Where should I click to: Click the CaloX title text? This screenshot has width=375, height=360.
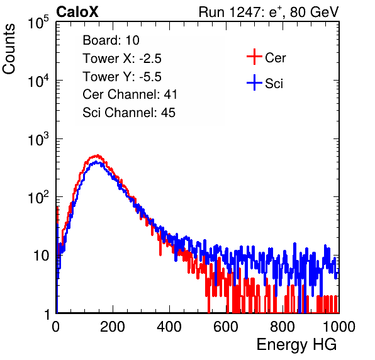click(x=77, y=12)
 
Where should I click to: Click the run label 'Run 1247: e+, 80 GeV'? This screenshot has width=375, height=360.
click(x=269, y=12)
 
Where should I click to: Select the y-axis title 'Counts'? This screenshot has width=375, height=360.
click(x=9, y=49)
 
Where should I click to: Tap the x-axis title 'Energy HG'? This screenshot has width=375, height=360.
click(x=296, y=345)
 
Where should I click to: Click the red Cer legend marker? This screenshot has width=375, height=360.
click(x=254, y=57)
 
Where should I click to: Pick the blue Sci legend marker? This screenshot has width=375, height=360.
click(x=254, y=82)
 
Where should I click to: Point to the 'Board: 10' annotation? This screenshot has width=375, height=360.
click(x=111, y=40)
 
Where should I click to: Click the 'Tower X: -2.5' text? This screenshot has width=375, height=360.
click(x=122, y=59)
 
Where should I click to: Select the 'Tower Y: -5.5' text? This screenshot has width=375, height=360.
click(x=122, y=77)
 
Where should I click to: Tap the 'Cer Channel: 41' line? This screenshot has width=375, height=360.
click(x=130, y=94)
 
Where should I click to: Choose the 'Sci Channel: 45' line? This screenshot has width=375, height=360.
click(x=129, y=113)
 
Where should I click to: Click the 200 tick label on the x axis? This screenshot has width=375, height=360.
click(x=113, y=327)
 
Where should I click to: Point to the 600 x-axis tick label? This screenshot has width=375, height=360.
click(x=226, y=327)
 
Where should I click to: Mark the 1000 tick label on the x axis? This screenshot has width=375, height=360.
click(x=339, y=327)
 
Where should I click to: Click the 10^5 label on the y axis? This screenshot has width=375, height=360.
click(x=38, y=23)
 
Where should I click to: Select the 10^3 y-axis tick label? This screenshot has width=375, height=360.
click(x=38, y=139)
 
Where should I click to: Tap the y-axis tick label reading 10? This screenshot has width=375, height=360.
click(x=41, y=256)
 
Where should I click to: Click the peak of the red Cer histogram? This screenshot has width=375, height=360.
click(x=98, y=155)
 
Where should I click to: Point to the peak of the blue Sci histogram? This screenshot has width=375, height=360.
click(x=96, y=162)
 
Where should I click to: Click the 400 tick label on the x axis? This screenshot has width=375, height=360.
click(x=169, y=327)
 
